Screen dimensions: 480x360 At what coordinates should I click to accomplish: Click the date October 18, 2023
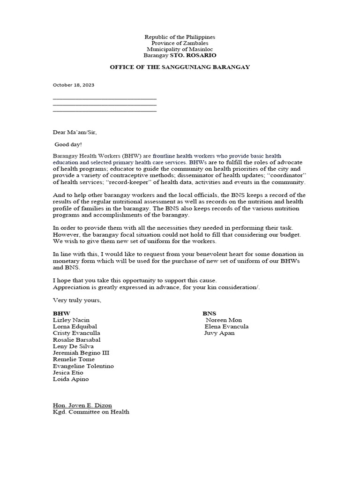click(74, 85)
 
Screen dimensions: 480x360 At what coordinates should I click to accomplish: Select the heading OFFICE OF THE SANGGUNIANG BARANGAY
click(180, 67)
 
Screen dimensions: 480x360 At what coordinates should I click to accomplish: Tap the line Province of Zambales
click(180, 43)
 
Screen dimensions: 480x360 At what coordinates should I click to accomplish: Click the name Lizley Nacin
click(71, 320)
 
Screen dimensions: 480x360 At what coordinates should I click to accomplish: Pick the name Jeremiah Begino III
click(81, 352)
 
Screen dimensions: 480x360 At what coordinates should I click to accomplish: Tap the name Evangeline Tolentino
click(83, 366)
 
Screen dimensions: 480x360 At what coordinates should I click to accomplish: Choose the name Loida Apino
click(71, 379)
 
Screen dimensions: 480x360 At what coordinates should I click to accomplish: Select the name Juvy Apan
click(219, 333)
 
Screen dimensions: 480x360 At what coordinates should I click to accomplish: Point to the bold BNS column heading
click(210, 313)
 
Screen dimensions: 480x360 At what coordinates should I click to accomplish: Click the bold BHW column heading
click(62, 313)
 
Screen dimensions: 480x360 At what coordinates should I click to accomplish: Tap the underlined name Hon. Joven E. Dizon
click(82, 405)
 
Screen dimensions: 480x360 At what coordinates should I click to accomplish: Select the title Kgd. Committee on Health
click(91, 412)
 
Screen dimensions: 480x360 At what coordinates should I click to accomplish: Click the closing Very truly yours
click(77, 300)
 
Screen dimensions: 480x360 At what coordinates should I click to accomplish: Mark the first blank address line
click(105, 98)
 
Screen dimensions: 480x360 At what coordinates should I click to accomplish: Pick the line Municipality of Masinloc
click(180, 49)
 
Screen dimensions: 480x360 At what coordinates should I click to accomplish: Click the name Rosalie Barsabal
click(77, 339)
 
